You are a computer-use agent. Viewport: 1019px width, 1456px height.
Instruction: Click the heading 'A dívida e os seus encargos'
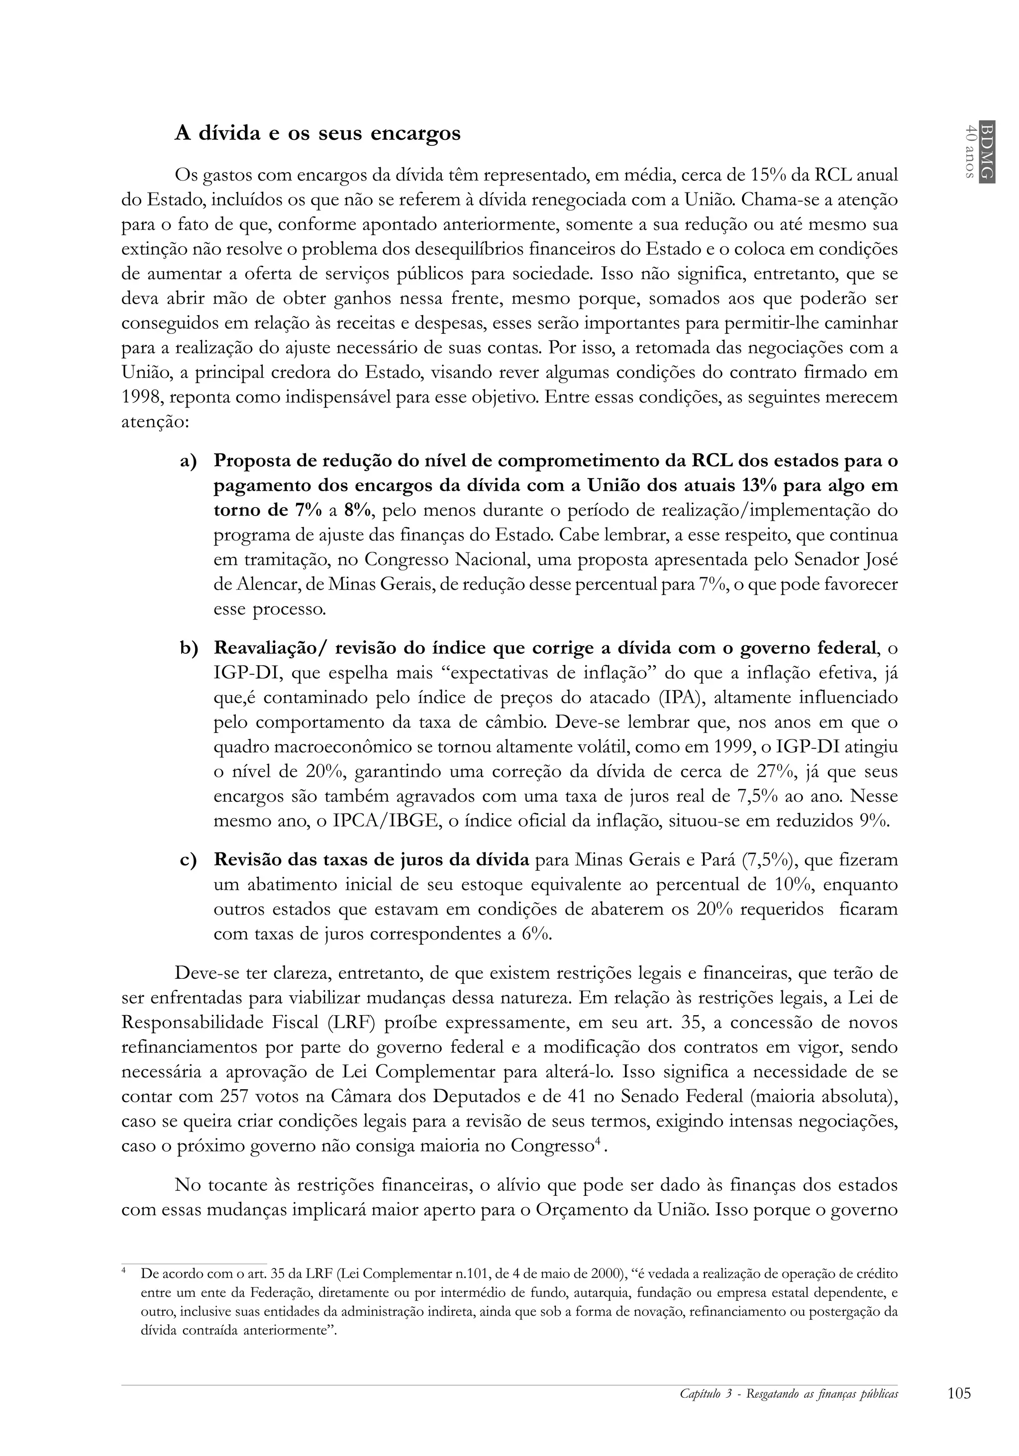pyautogui.click(x=317, y=134)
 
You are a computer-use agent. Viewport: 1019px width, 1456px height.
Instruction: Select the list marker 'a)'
pyautogui.click(x=189, y=461)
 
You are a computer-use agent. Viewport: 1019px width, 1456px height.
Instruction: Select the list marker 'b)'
pyautogui.click(x=189, y=648)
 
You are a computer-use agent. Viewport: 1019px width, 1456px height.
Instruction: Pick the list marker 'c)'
pyautogui.click(x=189, y=860)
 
